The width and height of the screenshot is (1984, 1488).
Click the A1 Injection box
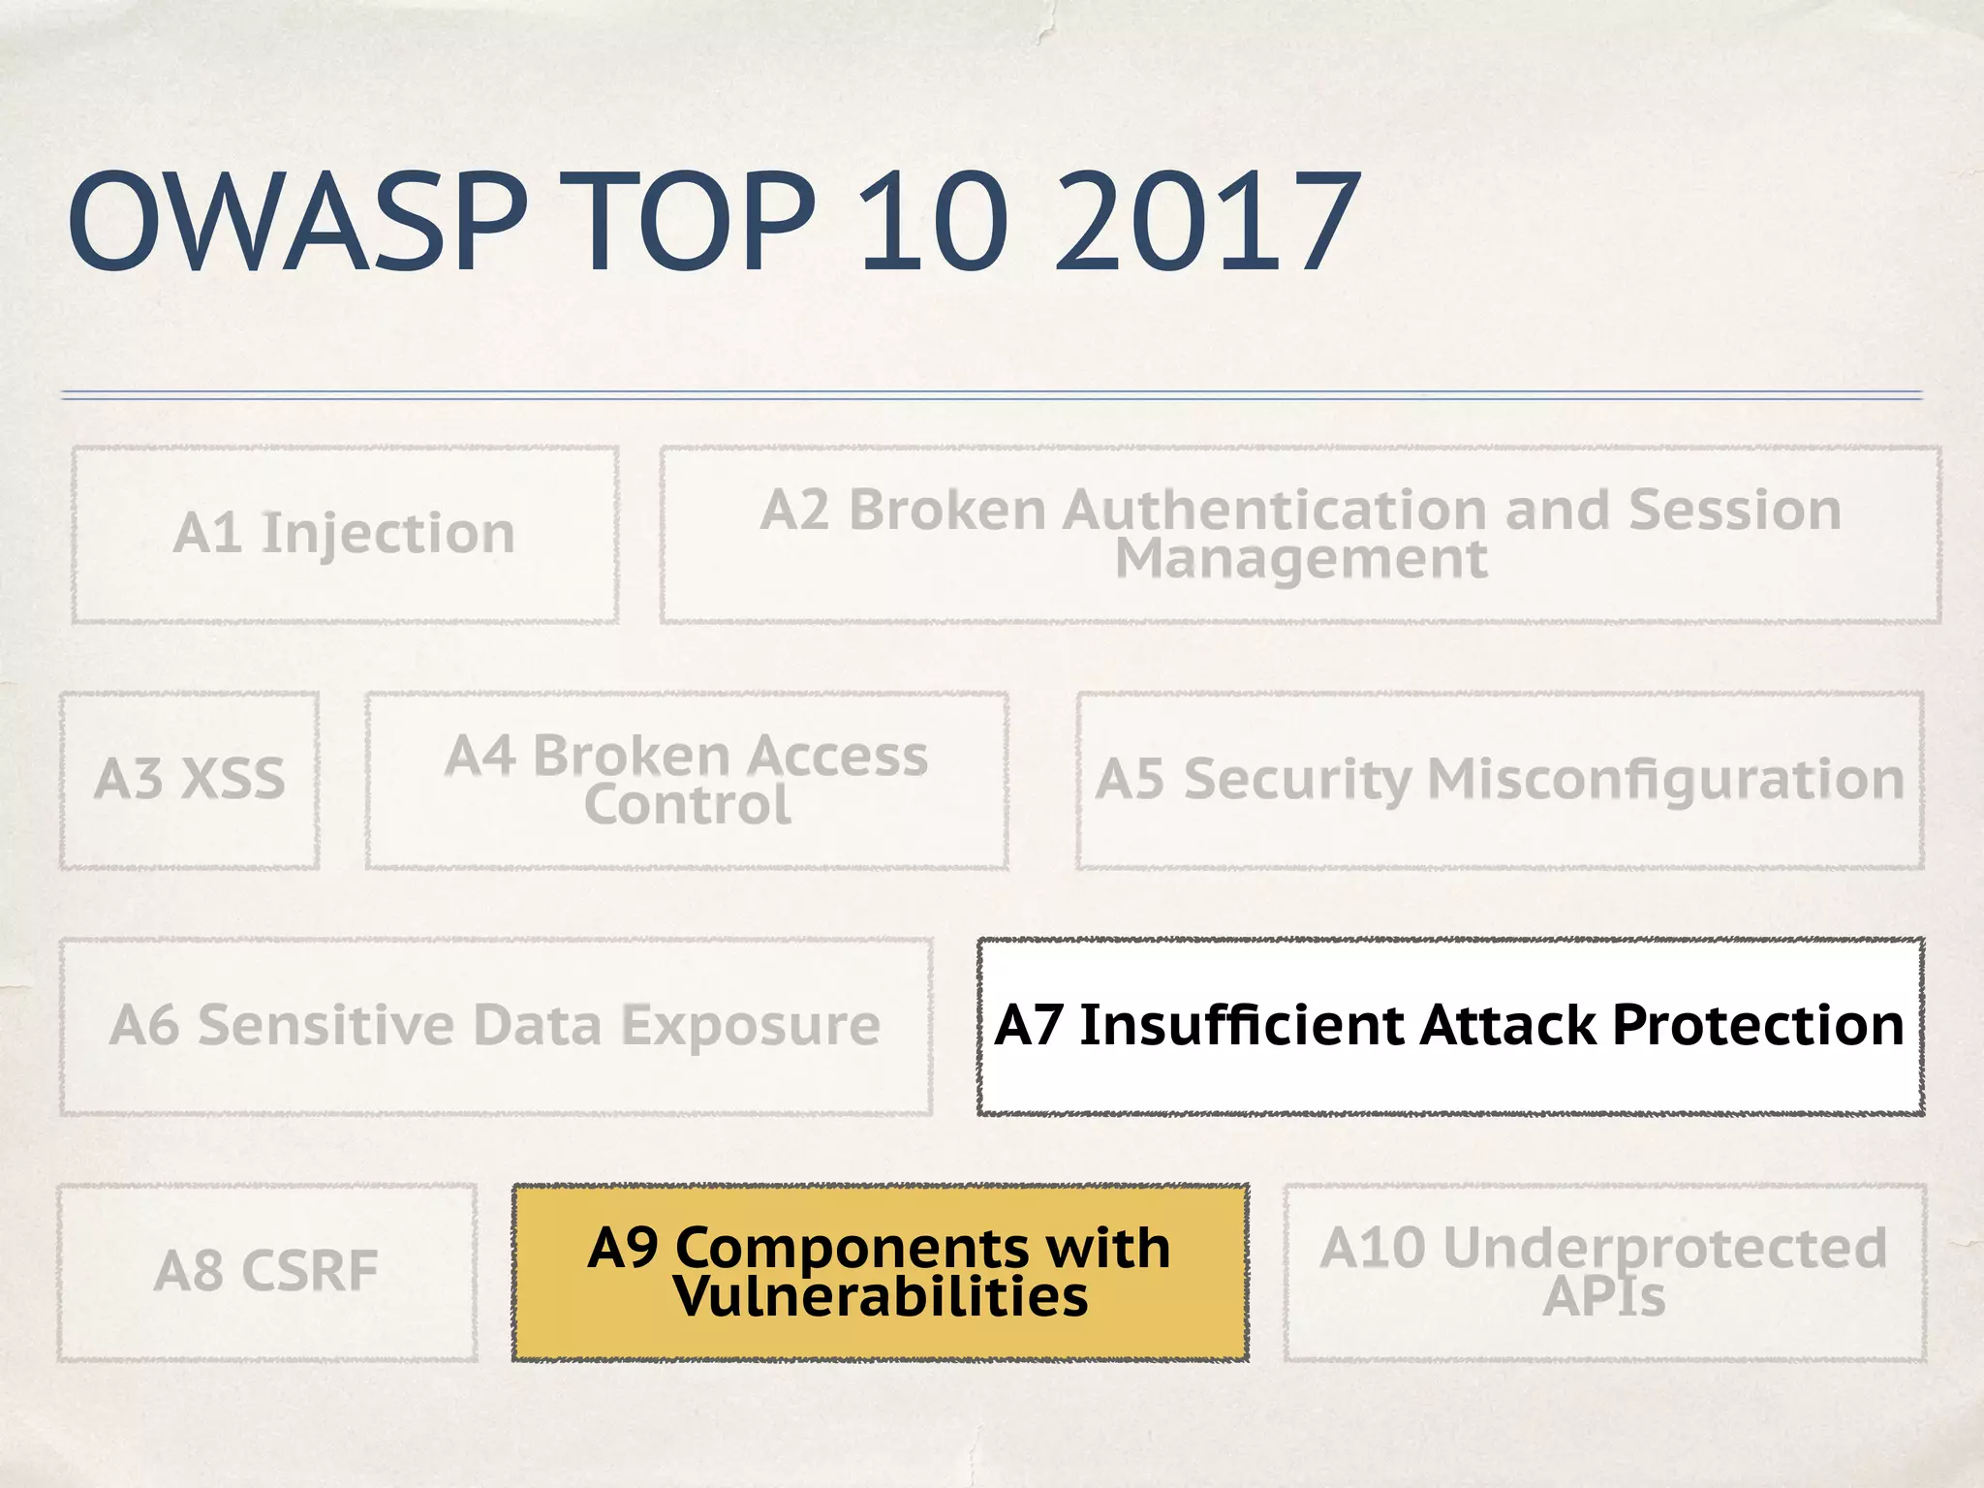coord(344,534)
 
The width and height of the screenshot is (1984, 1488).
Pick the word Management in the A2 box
coord(1300,559)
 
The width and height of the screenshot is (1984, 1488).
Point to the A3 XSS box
coord(190,779)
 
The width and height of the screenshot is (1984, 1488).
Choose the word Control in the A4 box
coord(687,805)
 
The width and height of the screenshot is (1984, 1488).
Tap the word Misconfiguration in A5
coord(1665,779)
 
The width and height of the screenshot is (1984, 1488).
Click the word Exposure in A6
coord(750,1025)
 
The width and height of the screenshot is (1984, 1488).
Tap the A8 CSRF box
coord(266,1271)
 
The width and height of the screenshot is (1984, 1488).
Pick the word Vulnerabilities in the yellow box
coord(881,1297)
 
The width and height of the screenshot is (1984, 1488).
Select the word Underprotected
coord(1664,1248)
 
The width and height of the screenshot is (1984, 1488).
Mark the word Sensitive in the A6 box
coord(325,1025)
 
